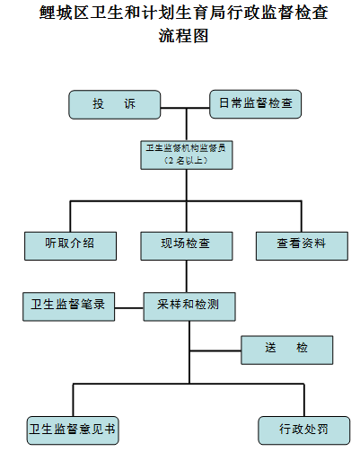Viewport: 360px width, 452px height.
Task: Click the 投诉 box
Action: click(114, 103)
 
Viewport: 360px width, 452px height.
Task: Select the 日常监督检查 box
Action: click(255, 103)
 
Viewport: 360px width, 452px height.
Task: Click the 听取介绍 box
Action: click(69, 244)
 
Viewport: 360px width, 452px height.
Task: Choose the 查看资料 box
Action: click(300, 244)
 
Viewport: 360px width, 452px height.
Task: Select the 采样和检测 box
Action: click(189, 305)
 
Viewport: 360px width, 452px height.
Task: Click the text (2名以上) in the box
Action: click(188, 160)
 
